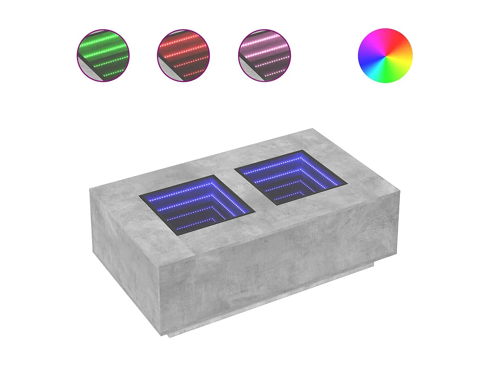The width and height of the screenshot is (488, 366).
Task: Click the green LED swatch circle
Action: point(103,56)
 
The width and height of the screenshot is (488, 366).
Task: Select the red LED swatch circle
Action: point(183,56)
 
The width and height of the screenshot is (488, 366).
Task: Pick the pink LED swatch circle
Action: point(264,56)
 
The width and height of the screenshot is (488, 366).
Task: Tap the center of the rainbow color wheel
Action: point(385,56)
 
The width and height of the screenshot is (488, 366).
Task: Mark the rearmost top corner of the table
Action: point(312,129)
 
